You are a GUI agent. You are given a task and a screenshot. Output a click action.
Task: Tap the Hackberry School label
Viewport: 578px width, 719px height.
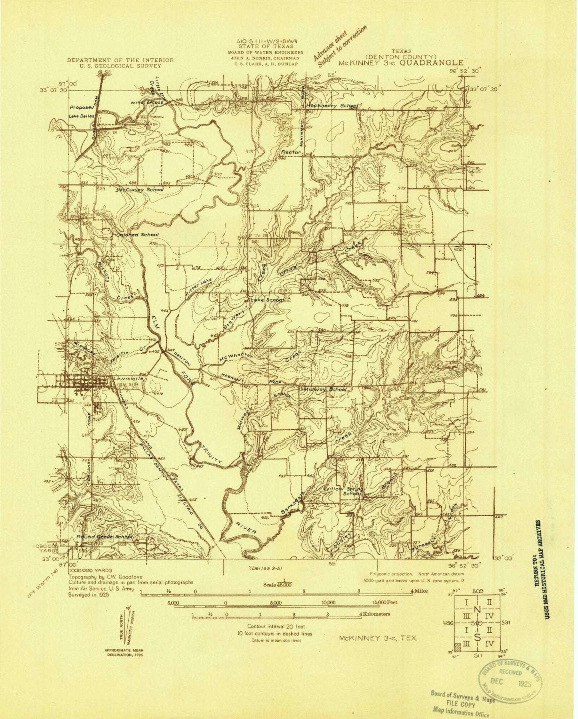point(332,106)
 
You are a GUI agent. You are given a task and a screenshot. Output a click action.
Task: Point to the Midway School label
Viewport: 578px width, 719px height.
point(325,389)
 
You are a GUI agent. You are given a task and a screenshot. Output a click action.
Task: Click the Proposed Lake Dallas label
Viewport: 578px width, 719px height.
point(81,112)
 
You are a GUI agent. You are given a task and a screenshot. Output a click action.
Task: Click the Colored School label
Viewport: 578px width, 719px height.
point(138,234)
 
